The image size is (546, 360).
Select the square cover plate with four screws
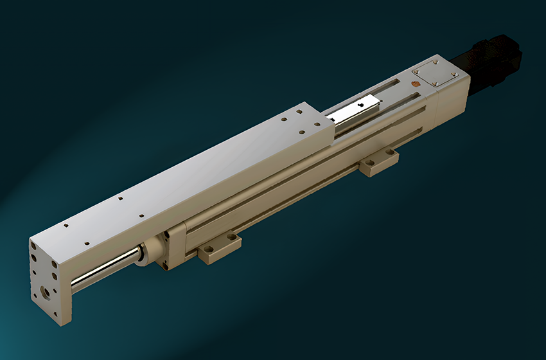pyautogui.click(x=434, y=75)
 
